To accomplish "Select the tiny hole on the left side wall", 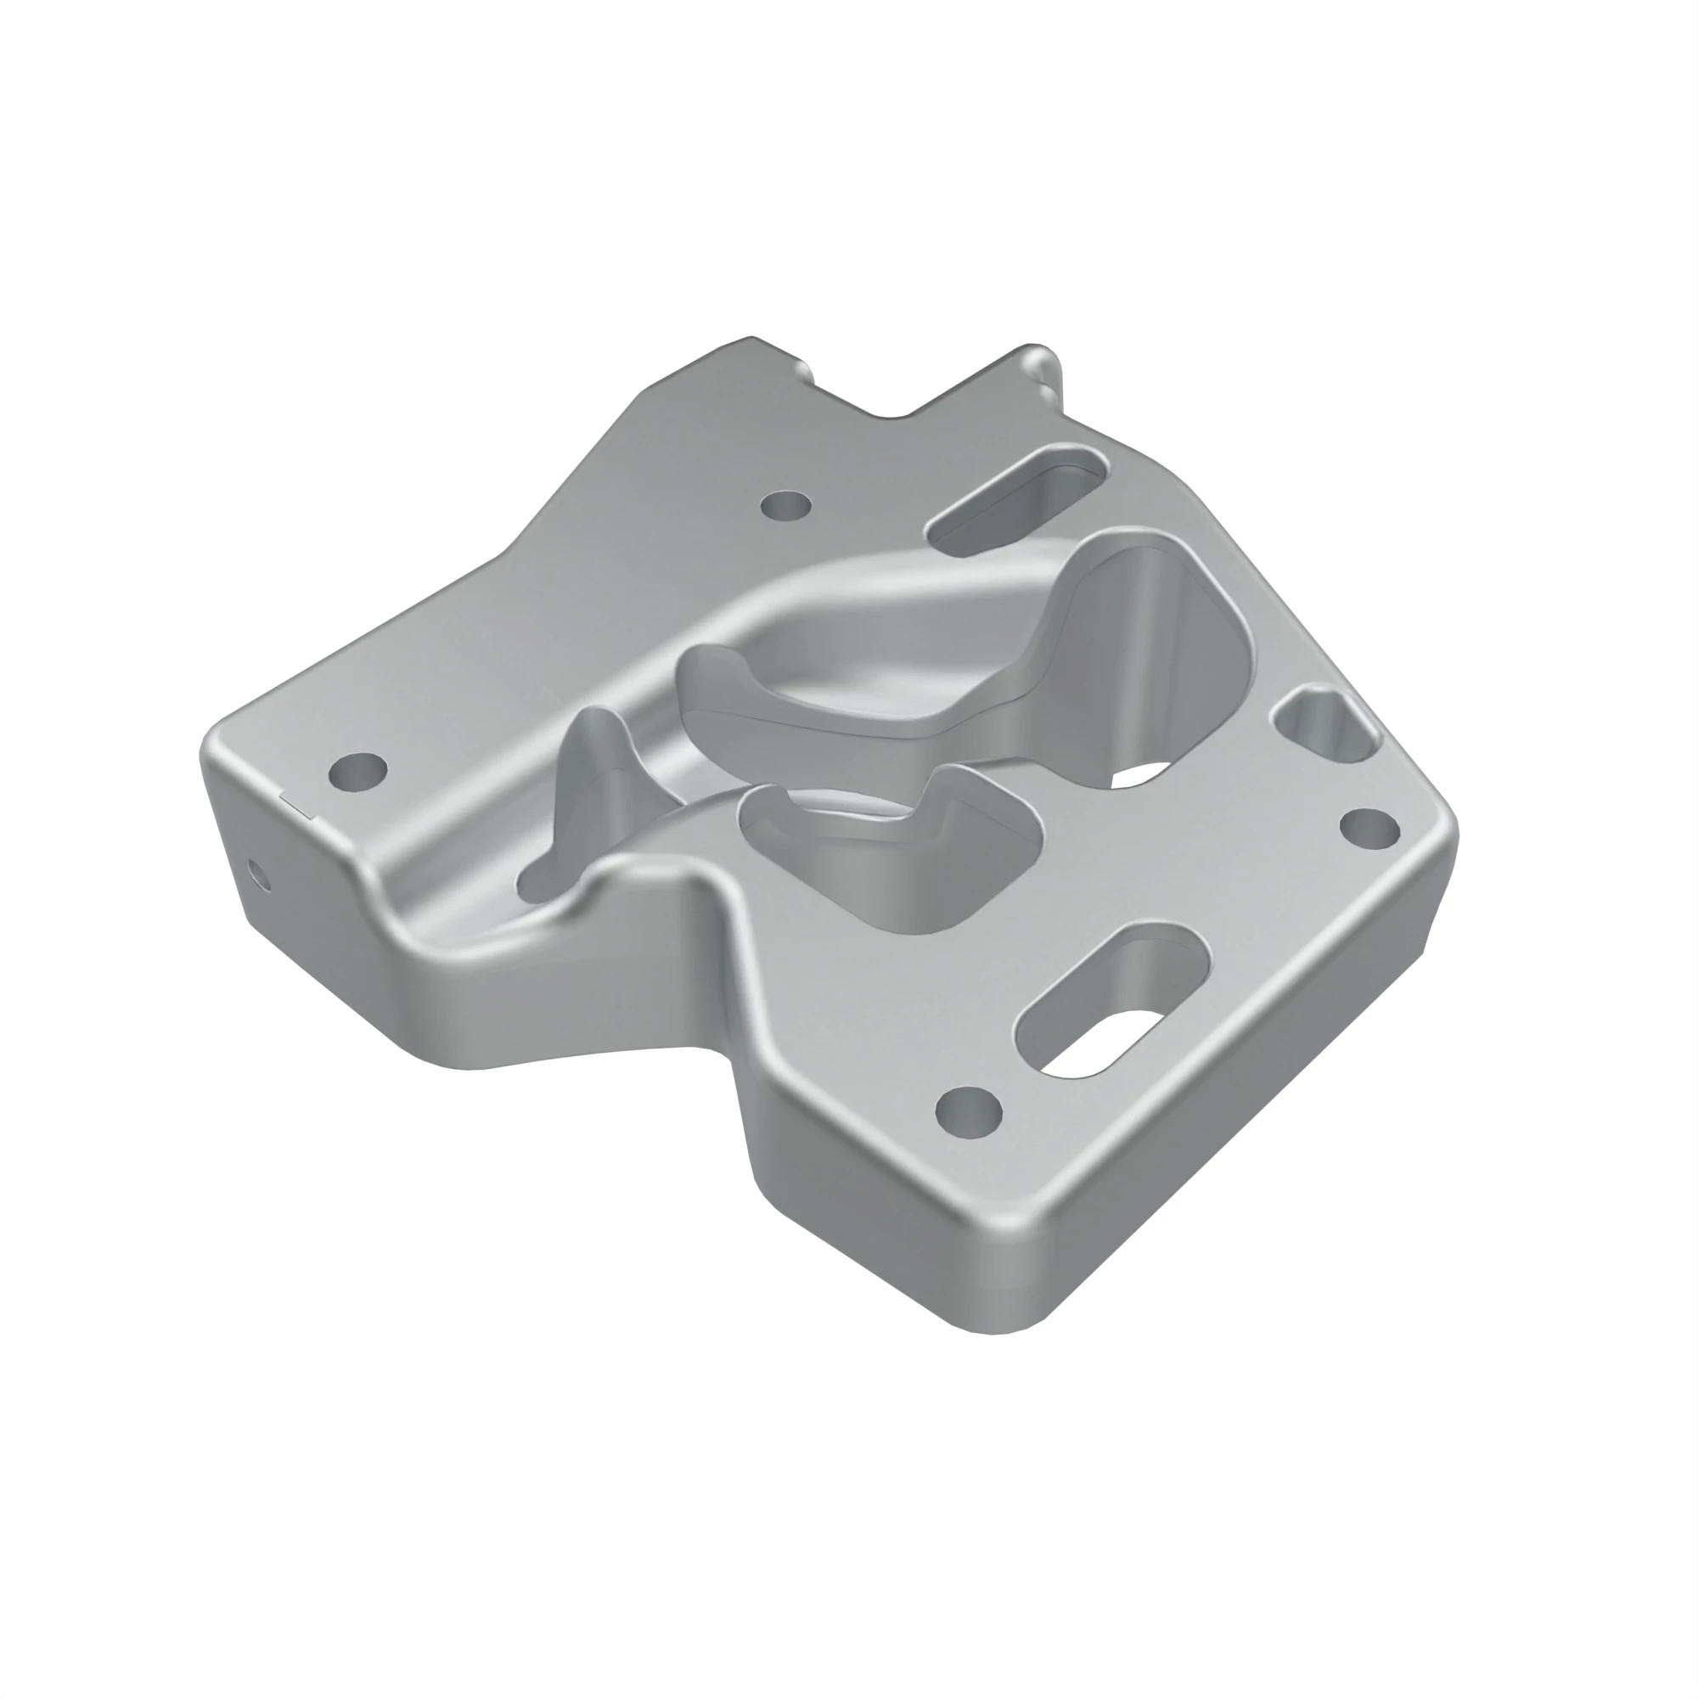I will click(256, 872).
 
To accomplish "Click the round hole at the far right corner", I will click(1369, 828).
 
